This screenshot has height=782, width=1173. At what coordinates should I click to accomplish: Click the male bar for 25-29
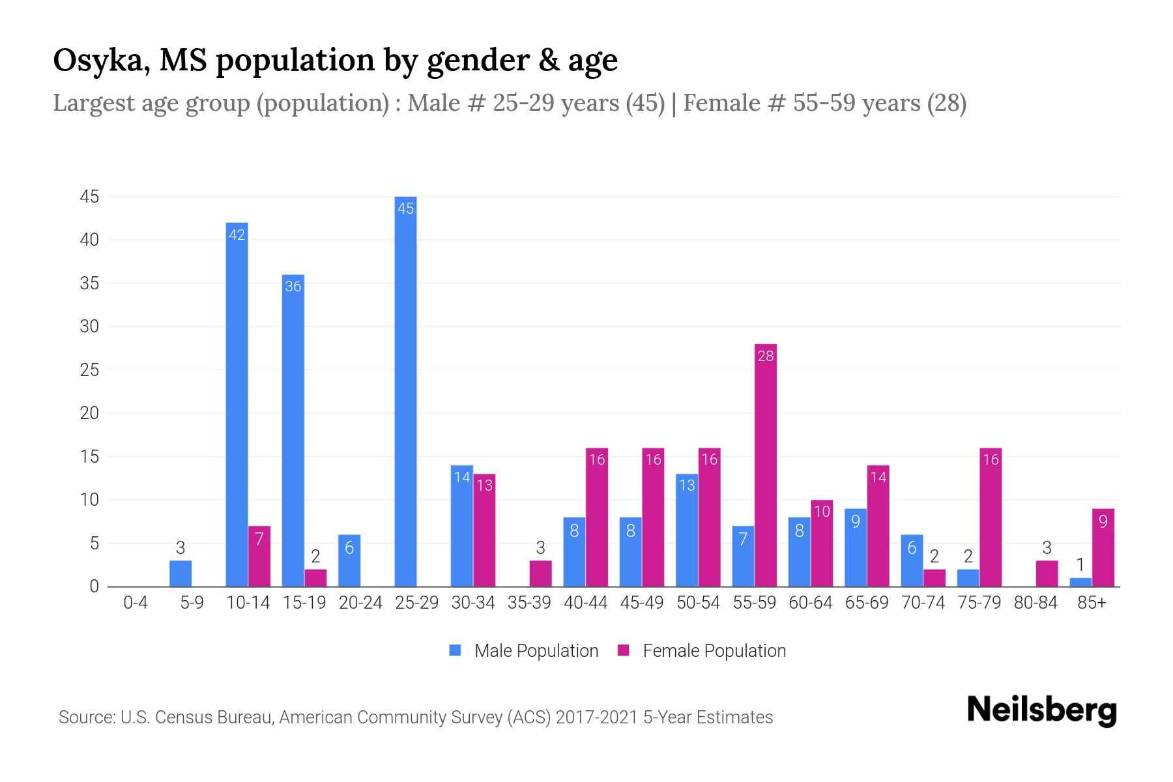pyautogui.click(x=405, y=391)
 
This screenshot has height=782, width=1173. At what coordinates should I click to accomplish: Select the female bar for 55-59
pyautogui.click(x=765, y=465)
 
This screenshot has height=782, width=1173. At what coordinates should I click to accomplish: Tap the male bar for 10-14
pyautogui.click(x=237, y=404)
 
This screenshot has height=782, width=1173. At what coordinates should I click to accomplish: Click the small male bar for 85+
pyautogui.click(x=1080, y=582)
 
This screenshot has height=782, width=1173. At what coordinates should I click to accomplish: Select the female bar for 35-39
pyautogui.click(x=540, y=573)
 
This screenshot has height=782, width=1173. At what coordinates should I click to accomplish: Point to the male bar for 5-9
pyautogui.click(x=181, y=573)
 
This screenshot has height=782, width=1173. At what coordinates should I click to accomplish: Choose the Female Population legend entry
pyautogui.click(x=702, y=650)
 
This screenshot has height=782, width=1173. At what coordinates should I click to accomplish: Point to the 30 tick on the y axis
pyautogui.click(x=89, y=326)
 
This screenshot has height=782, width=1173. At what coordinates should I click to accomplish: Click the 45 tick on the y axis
pyautogui.click(x=89, y=197)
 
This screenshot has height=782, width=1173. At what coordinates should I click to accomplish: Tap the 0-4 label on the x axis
pyautogui.click(x=136, y=603)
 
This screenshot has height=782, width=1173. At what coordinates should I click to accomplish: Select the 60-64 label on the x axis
pyautogui.click(x=810, y=603)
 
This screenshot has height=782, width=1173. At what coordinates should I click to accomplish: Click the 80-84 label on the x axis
pyautogui.click(x=1035, y=603)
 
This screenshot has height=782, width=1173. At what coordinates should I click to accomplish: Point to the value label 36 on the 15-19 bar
pyautogui.click(x=293, y=286)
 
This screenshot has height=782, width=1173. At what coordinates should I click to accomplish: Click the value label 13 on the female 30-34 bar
pyautogui.click(x=484, y=485)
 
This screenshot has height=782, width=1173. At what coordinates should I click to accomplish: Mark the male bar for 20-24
pyautogui.click(x=349, y=560)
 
